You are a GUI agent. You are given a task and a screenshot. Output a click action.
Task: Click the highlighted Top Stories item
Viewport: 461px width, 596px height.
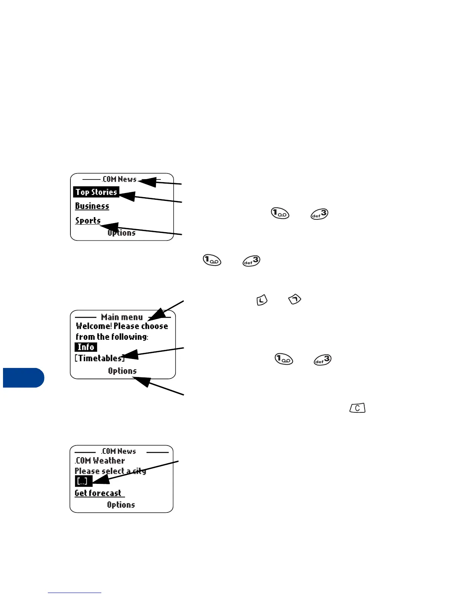pos(96,192)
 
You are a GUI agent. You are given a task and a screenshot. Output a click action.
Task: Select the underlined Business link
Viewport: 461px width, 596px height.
pos(92,206)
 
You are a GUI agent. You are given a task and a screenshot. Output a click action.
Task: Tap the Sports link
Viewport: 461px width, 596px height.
pos(87,220)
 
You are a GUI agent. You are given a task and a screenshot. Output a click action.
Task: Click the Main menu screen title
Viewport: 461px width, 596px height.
pos(122,317)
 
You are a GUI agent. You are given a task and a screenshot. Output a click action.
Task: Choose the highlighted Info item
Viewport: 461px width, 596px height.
pos(85,347)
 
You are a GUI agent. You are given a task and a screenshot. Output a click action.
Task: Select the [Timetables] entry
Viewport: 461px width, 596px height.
pos(99,358)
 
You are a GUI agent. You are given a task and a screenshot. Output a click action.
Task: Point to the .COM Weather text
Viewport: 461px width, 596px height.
pos(100,461)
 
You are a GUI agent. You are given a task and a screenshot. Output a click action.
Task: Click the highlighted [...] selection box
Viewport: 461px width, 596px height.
pos(83,481)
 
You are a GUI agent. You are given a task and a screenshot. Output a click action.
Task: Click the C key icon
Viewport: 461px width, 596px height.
pos(357,408)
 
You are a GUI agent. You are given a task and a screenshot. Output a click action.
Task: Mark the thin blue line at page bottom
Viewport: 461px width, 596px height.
pos(75,593)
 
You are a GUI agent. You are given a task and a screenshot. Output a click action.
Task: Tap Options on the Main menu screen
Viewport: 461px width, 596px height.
pos(122,371)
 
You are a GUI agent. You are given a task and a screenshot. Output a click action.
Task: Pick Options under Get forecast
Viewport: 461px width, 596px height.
pos(121,505)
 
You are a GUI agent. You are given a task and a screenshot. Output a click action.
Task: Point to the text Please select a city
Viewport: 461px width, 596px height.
pos(110,471)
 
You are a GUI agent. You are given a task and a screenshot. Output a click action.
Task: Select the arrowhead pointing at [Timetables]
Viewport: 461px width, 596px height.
pos(130,355)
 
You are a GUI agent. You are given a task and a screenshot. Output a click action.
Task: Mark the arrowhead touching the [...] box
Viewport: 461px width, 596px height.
pos(100,480)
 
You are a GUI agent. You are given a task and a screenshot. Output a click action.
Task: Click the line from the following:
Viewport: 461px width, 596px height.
pos(112,337)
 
